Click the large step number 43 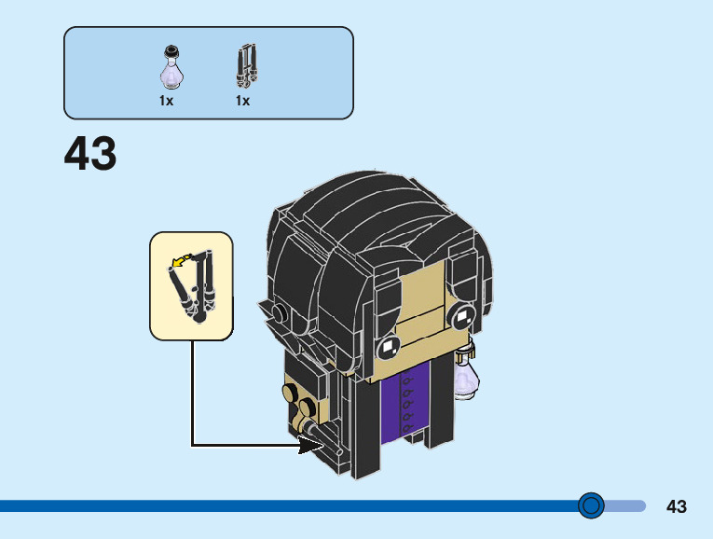[90, 155]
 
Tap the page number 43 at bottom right [677, 506]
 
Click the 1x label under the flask [166, 101]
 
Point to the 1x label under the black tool [242, 101]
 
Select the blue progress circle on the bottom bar [591, 505]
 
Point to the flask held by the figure [466, 375]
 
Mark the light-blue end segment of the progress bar [625, 505]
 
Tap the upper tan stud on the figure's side [292, 392]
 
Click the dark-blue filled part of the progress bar [280, 505]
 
